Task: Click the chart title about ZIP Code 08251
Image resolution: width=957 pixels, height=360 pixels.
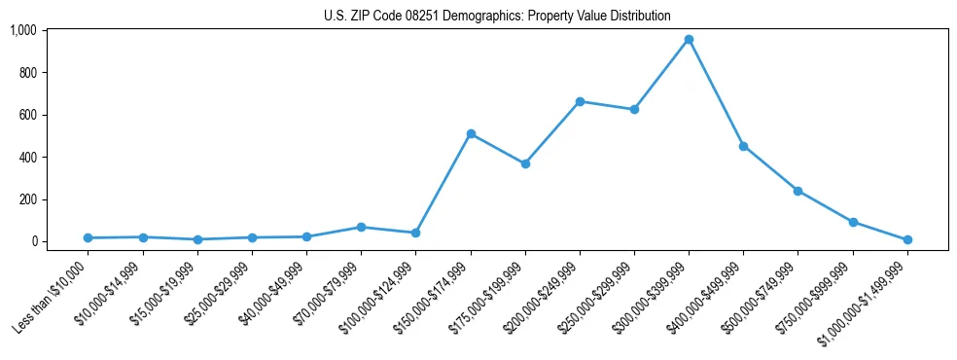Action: [497, 17]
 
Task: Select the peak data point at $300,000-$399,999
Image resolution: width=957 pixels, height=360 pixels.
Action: [689, 40]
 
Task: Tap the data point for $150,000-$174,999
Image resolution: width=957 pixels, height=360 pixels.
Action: [471, 133]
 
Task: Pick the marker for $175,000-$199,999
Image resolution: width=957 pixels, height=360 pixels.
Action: [525, 163]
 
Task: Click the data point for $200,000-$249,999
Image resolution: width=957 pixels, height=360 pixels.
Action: [580, 101]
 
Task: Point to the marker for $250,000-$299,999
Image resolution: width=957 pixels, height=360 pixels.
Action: [634, 109]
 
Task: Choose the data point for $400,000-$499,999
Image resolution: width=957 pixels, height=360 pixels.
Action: [743, 146]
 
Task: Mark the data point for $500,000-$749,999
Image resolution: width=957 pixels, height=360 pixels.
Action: [797, 191]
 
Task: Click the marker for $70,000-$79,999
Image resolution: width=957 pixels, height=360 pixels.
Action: [361, 227]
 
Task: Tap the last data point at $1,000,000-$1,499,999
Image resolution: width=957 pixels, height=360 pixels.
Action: [907, 239]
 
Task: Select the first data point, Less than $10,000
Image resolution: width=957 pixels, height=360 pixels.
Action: [89, 237]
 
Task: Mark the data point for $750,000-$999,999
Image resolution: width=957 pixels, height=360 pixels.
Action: [853, 222]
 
